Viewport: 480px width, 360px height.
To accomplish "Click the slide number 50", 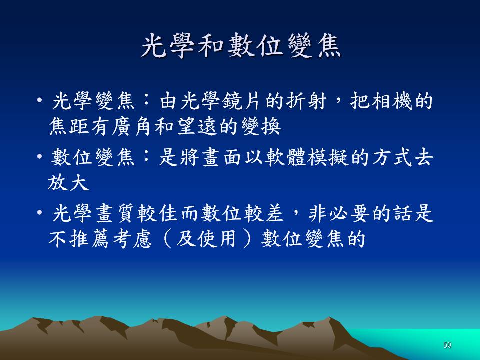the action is (447, 345).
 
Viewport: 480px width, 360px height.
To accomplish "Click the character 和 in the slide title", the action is (211, 46).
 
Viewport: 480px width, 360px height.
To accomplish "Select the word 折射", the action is (306, 101).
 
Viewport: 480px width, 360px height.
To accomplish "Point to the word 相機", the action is (392, 101).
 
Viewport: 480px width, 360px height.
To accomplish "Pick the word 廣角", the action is (131, 126).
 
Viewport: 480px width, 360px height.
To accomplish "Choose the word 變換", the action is (261, 126).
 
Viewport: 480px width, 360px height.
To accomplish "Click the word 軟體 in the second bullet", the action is (285, 157).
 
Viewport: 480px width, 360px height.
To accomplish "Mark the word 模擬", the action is (328, 157).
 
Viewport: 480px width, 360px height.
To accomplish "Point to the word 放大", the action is (69, 183).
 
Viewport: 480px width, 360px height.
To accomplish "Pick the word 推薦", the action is (89, 239).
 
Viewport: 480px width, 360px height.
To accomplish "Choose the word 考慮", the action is (132, 239).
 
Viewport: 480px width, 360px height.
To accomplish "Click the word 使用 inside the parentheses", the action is (216, 239).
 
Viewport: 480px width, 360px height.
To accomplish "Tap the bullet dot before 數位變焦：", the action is (39, 157).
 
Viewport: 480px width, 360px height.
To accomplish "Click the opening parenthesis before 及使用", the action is (167, 239).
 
